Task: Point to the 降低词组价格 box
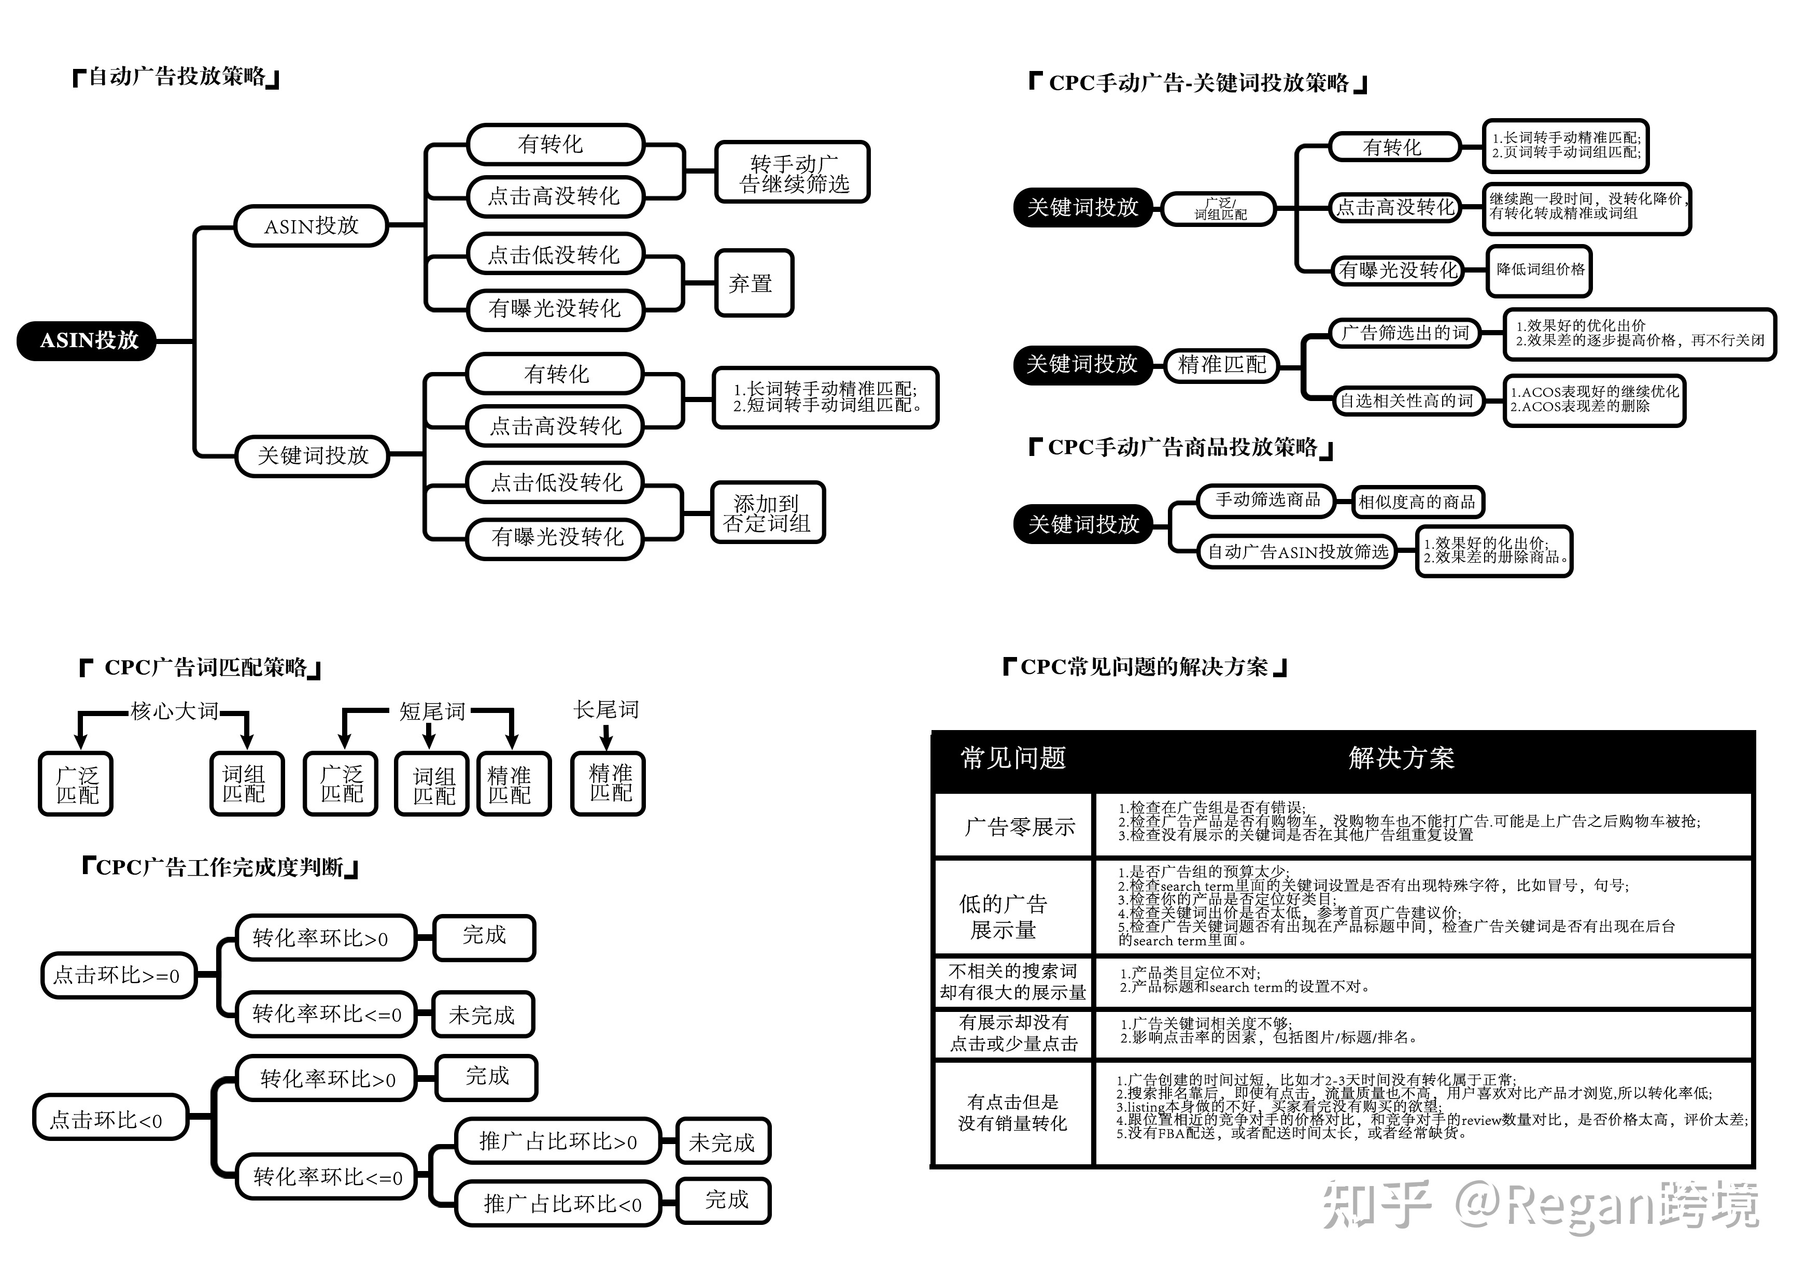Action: (1539, 270)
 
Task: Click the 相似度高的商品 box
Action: (1417, 502)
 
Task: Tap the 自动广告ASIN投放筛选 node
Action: (1298, 551)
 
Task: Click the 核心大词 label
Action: (174, 710)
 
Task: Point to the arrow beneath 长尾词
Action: (606, 737)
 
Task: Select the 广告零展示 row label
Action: (1019, 827)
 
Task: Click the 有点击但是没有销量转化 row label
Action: (1012, 1112)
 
